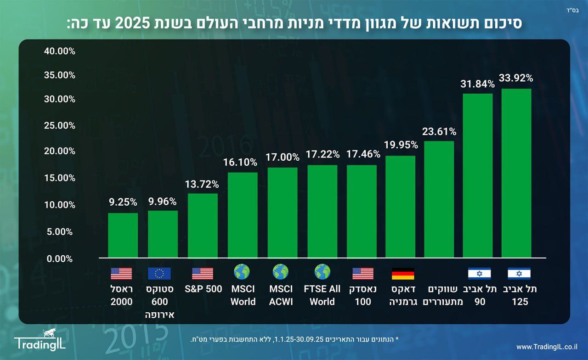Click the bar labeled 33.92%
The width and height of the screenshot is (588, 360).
pos(516,173)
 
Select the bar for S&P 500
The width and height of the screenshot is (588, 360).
pos(203,225)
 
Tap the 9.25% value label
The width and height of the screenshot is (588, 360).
pos(123,201)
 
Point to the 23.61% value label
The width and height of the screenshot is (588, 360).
pos(439,132)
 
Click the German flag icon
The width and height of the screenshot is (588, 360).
pos(403,274)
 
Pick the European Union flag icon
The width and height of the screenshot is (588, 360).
pos(159,274)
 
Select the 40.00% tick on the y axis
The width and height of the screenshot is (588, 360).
pos(59,51)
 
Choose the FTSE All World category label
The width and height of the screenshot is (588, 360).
pos(322,295)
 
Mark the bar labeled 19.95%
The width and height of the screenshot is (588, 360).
pos(400,207)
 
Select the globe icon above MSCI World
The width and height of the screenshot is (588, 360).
pos(242,272)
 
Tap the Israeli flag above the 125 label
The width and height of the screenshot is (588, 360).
pos(519,274)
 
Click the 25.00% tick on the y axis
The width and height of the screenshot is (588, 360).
pos(59,125)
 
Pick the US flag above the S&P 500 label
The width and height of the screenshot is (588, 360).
pos(203,274)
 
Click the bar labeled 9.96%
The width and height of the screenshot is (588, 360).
pos(163,234)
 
